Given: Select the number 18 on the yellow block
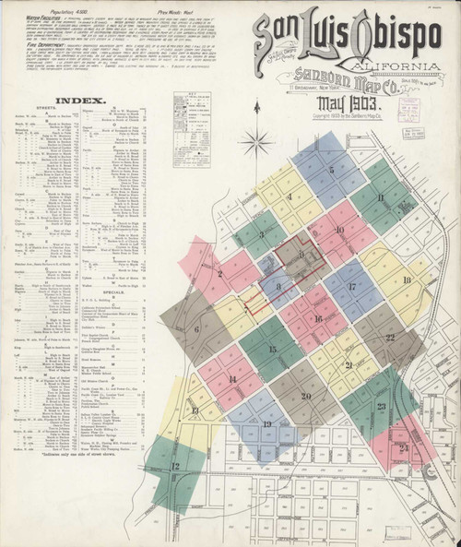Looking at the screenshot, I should coord(407,279).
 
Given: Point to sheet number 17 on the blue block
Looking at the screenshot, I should coord(352,288).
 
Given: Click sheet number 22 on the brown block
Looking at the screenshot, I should coord(390,338).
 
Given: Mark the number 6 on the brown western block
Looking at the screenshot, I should coord(196,329).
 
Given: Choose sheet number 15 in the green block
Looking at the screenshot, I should coord(272,350).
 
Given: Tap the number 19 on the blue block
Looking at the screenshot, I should coord(266,425).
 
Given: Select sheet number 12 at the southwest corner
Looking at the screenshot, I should coord(175,467).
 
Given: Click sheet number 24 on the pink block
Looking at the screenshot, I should coord(404,447).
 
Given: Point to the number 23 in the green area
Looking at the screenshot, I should coord(381,406).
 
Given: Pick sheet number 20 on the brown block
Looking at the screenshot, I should coord(306,397).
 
